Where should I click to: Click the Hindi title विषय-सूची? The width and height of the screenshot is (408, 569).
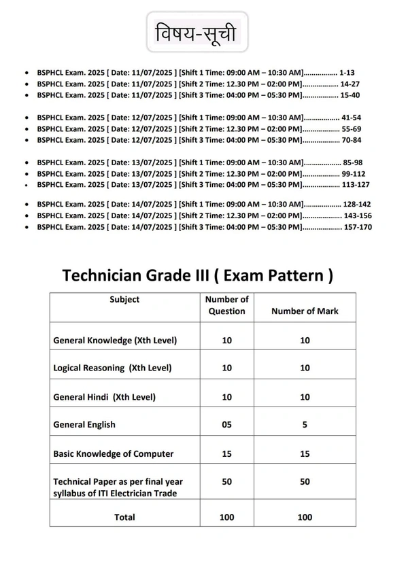tap(197, 33)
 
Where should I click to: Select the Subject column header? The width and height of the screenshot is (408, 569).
tap(124, 300)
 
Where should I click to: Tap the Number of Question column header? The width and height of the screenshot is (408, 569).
tap(227, 305)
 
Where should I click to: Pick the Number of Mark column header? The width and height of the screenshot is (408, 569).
tap(305, 311)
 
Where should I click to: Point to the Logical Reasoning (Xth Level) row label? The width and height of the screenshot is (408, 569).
tap(112, 368)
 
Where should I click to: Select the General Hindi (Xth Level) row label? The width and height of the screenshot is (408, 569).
tap(105, 397)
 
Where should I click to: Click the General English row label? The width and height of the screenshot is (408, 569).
tap(84, 425)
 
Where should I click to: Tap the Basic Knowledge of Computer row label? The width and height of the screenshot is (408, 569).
tap(114, 453)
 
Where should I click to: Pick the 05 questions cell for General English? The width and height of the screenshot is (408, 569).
tap(227, 425)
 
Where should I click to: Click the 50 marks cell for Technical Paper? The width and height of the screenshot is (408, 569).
tap(305, 481)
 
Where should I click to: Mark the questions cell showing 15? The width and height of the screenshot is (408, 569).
tap(227, 453)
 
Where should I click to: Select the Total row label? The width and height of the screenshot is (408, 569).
tap(124, 517)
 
